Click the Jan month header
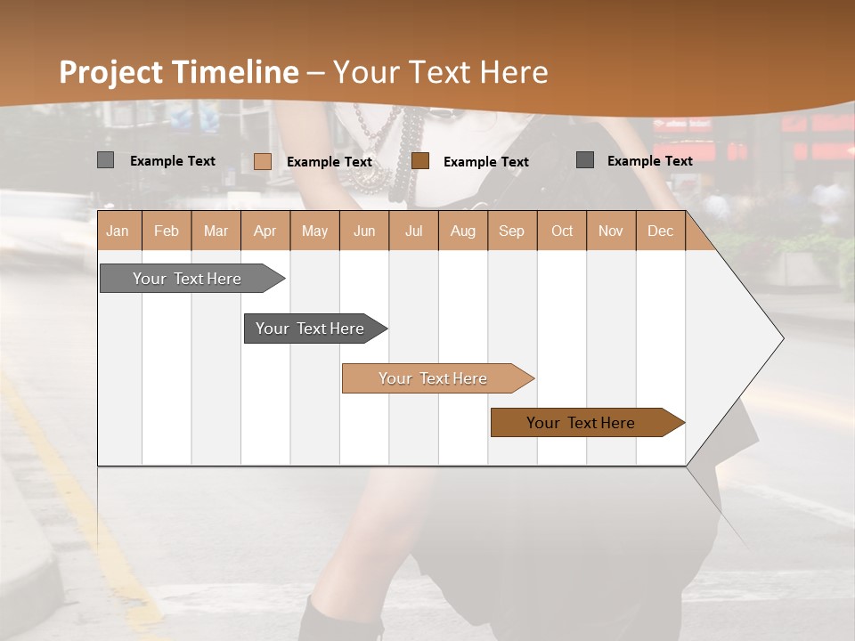click(118, 231)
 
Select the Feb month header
click(167, 231)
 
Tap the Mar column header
click(216, 231)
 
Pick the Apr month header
click(265, 231)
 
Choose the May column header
click(314, 231)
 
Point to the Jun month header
click(364, 231)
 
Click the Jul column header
click(413, 231)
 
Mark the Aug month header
click(463, 231)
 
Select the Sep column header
click(512, 231)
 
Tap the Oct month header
click(562, 231)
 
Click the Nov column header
click(611, 231)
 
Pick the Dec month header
click(661, 231)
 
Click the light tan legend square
click(262, 161)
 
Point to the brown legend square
click(420, 160)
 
